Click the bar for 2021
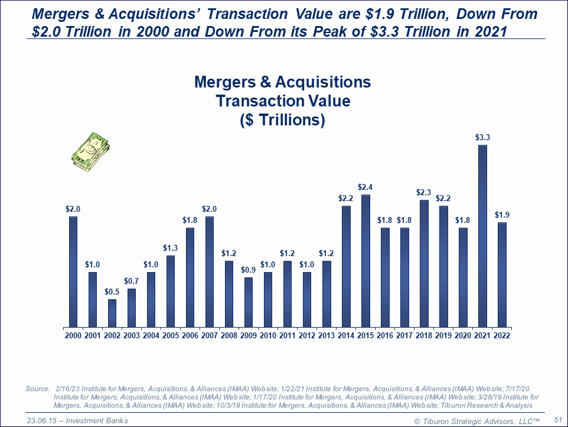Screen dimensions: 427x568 (482, 236)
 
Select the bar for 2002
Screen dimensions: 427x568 (112, 313)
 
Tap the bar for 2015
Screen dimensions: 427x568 (365, 261)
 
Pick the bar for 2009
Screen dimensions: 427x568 (249, 302)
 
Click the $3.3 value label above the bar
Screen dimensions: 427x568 (482, 137)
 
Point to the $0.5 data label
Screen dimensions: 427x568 (112, 292)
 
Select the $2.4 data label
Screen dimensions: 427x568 (365, 187)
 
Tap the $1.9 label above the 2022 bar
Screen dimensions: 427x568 (502, 214)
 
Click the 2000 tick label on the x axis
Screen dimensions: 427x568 (73, 335)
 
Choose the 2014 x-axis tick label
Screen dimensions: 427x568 (346, 335)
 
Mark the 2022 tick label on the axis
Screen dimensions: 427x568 (502, 335)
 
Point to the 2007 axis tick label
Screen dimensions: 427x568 (210, 335)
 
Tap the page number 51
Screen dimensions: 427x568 (557, 419)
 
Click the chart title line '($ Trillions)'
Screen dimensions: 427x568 (283, 120)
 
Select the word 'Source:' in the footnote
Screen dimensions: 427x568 (38, 389)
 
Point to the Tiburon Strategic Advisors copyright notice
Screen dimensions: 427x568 (476, 420)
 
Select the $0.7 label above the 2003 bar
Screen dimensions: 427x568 (132, 280)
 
